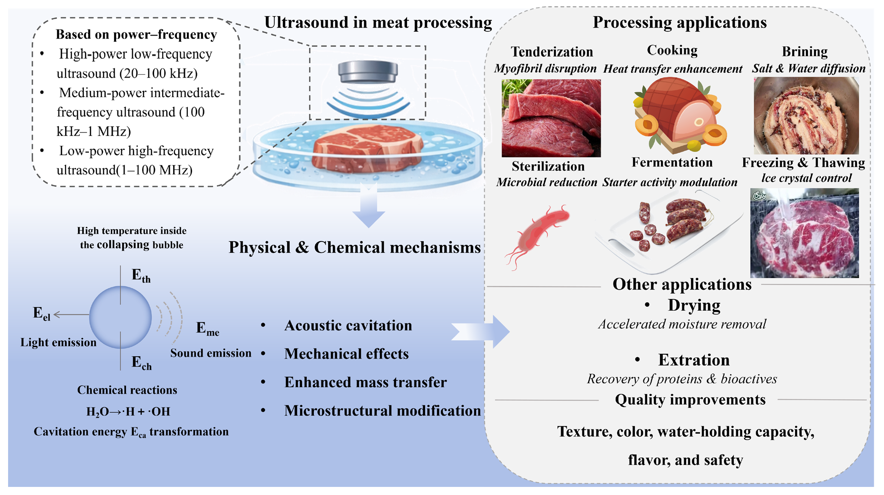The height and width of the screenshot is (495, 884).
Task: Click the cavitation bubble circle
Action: [120, 317]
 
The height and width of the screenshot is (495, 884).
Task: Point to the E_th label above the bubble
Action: [141, 276]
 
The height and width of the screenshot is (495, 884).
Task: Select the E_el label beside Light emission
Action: [41, 314]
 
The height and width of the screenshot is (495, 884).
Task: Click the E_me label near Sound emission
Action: [208, 329]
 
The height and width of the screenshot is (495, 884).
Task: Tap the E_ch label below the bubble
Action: [142, 363]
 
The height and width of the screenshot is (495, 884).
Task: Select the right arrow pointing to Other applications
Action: [480, 331]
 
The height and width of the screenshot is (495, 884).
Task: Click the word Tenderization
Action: [552, 51]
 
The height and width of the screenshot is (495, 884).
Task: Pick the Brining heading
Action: [805, 51]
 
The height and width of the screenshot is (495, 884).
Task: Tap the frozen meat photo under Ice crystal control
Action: [805, 233]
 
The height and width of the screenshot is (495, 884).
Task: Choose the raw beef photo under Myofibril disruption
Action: [551, 118]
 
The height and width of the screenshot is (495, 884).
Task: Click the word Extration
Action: [694, 360]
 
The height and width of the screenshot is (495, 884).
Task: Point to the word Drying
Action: [694, 305]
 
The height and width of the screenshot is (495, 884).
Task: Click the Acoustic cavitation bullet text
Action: [348, 326]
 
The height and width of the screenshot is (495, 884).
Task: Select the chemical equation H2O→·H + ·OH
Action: [128, 411]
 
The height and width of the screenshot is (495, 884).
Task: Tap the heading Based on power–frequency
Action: [136, 35]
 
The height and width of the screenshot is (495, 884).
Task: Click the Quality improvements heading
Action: [690, 400]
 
